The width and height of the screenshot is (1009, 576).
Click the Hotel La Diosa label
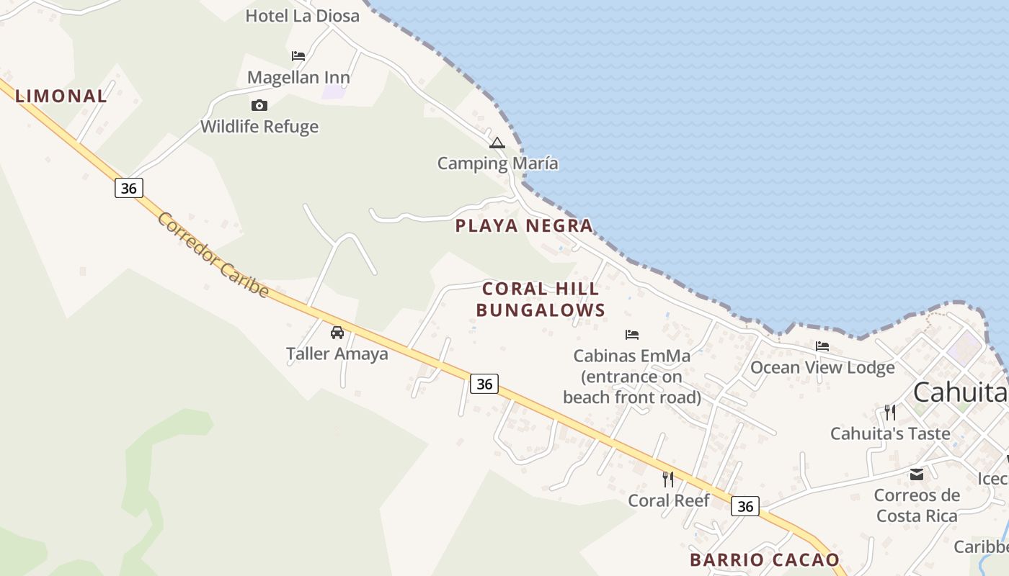[x=302, y=16]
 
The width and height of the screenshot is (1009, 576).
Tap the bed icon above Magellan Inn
[x=298, y=56]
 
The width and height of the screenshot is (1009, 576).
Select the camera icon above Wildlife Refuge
[x=259, y=106]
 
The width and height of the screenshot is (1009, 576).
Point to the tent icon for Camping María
[x=497, y=143]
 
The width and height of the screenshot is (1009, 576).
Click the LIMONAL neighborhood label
[x=61, y=96]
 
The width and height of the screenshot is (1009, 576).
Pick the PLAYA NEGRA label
[x=524, y=226]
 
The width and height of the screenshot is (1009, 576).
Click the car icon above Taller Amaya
[x=337, y=333]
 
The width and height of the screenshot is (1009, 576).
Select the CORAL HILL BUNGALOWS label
[x=541, y=300]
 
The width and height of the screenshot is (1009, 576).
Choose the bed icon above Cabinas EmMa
[x=632, y=335]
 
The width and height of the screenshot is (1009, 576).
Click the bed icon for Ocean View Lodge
[x=822, y=346]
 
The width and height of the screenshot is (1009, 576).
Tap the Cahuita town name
[x=959, y=392]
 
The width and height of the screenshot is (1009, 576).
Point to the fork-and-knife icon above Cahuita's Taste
[x=890, y=413]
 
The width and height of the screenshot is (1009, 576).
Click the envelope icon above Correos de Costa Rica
[x=917, y=474]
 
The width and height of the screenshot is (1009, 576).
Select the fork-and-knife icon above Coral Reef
[x=668, y=479]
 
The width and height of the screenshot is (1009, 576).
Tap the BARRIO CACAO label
[x=765, y=559]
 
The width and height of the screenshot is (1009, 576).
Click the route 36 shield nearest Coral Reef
[x=745, y=506]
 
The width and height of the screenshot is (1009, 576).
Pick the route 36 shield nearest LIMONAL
[x=128, y=188]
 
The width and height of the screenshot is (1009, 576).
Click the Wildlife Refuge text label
[x=259, y=127]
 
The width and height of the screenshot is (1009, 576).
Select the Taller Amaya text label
[x=337, y=354]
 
